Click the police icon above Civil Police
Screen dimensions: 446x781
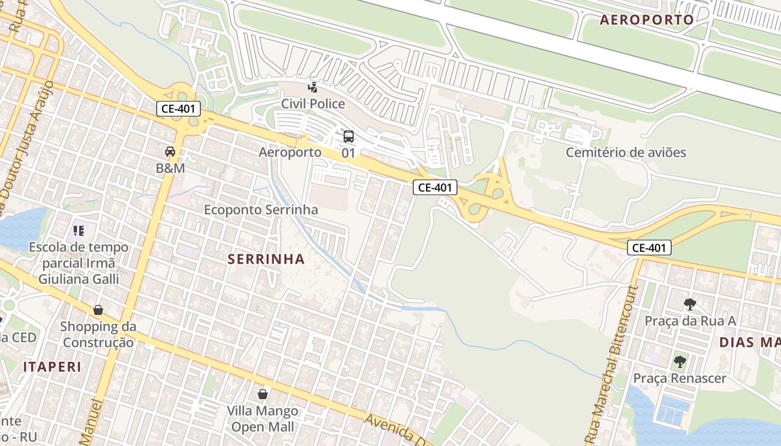[x=314, y=87]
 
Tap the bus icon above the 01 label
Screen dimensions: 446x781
[x=349, y=136]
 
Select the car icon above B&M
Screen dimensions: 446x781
[x=170, y=151]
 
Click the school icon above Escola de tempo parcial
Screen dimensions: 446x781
[x=79, y=230]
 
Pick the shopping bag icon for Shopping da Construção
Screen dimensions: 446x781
[x=98, y=310]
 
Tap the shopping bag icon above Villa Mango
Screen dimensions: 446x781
[x=263, y=395]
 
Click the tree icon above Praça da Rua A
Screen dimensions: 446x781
[x=690, y=304]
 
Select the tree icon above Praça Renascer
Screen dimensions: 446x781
[x=679, y=362]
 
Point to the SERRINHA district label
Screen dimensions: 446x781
[x=267, y=259]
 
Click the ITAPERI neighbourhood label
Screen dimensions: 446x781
[x=52, y=367]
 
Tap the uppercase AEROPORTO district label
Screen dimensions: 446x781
[x=647, y=20]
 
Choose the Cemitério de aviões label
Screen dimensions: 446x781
[x=626, y=152]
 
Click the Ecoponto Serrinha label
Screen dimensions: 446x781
[x=261, y=210]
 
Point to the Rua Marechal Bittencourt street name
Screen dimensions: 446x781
[x=611, y=362]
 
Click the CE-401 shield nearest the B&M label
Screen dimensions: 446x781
[x=179, y=109]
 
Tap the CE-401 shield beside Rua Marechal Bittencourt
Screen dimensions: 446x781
[x=649, y=248]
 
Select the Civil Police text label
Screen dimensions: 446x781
[x=313, y=104]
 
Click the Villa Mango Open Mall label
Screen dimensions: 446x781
[x=263, y=419]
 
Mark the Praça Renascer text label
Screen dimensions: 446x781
[x=679, y=378]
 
